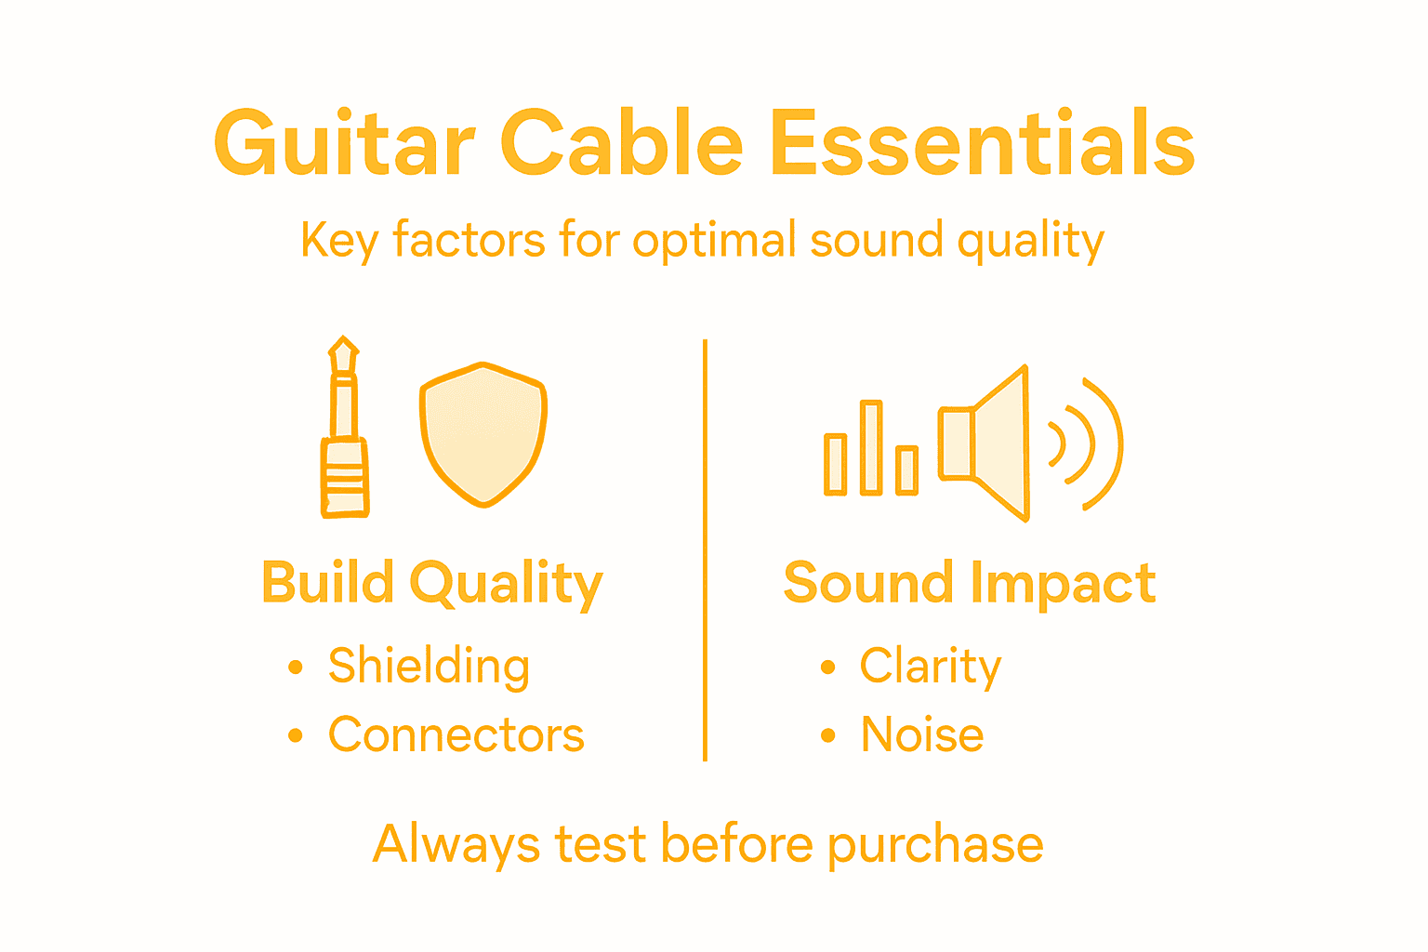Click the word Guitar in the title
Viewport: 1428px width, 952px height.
tap(344, 144)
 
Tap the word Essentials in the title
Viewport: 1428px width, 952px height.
tap(982, 144)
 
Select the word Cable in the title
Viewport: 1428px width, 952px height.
tap(621, 144)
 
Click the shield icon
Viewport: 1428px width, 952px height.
tap(483, 433)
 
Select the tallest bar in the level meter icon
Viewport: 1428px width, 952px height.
tap(871, 447)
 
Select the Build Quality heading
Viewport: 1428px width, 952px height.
tap(432, 584)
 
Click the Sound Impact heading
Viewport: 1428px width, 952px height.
tap(970, 584)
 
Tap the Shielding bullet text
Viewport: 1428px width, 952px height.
tap(429, 667)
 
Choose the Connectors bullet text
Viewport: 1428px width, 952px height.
tap(456, 735)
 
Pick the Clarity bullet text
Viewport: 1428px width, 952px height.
tap(931, 667)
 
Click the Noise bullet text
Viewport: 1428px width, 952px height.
tap(922, 735)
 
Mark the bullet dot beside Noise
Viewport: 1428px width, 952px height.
tap(827, 736)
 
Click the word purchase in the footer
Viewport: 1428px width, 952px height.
tap(935, 846)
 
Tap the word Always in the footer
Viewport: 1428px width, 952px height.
tap(456, 846)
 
